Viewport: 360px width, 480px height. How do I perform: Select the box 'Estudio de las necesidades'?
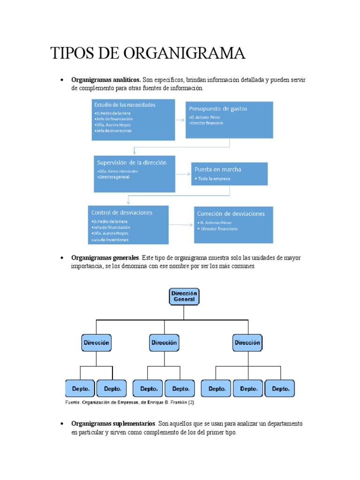134,119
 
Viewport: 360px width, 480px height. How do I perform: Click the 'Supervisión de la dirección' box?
134,173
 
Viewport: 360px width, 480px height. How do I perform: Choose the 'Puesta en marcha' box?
229,173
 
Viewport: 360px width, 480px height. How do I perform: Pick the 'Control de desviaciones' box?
128,225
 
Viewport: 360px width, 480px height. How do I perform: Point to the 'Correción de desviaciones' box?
233,225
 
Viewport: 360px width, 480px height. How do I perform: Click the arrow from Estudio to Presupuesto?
180,120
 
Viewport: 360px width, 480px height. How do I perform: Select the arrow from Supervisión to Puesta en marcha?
183,173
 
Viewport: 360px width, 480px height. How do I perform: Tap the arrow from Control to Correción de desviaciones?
181,225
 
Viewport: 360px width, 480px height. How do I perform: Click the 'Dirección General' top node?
184,296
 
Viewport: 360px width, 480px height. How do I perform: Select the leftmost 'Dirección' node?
96,343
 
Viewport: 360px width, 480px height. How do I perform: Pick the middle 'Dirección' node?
164,343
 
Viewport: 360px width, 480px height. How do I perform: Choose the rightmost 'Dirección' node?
247,343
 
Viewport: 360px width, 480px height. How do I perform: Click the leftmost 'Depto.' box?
80,389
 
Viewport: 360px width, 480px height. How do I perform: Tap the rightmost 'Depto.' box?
280,389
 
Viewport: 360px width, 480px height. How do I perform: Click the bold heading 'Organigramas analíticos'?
106,80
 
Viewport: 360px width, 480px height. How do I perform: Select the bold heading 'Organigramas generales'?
105,258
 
